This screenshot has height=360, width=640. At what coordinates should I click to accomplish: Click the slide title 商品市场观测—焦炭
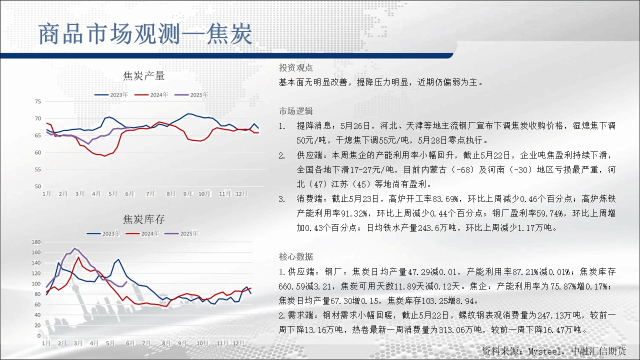click(x=145, y=34)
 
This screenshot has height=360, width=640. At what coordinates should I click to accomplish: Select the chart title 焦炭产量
click(x=143, y=76)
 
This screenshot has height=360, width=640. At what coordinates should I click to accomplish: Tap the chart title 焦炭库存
click(x=143, y=219)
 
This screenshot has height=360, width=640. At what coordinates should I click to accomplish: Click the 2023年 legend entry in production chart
click(x=111, y=95)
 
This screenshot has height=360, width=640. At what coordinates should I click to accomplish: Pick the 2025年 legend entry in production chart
click(x=191, y=95)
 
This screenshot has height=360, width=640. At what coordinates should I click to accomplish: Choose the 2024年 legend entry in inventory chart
click(x=142, y=233)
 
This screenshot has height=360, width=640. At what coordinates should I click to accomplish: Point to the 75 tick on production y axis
click(x=38, y=101)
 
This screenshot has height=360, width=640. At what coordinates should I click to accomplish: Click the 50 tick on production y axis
click(x=38, y=186)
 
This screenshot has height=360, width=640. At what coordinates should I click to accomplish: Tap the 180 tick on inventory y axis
click(x=36, y=242)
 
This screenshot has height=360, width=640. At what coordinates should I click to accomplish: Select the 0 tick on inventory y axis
click(x=39, y=335)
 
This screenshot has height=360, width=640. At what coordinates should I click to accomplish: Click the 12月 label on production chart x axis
click(x=241, y=193)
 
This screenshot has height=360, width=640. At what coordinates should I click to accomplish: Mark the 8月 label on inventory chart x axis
click(x=166, y=343)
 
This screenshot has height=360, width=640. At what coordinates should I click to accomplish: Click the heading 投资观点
click(x=295, y=67)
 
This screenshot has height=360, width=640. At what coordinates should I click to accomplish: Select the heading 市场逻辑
click(x=295, y=111)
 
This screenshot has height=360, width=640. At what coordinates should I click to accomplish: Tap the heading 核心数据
click(x=295, y=256)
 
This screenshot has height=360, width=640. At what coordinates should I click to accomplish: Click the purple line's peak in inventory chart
click(x=75, y=248)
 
